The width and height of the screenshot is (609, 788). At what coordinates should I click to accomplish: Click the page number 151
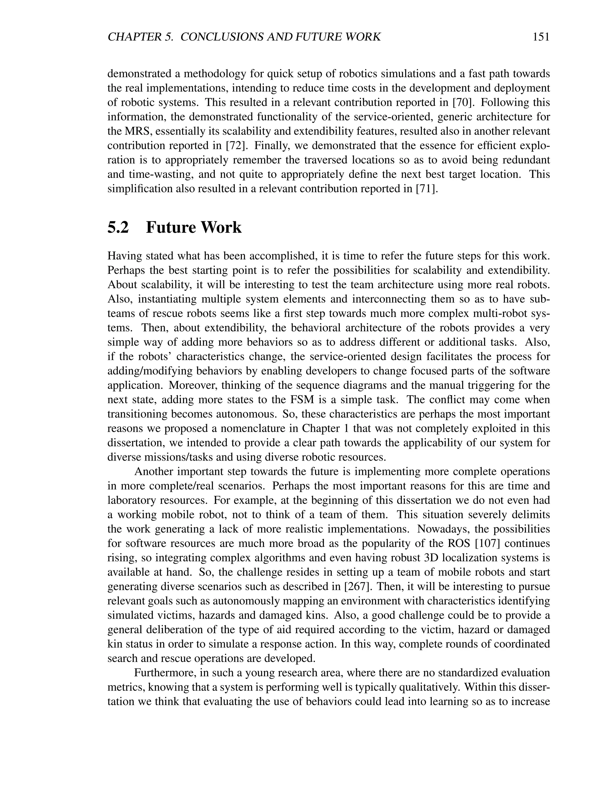(x=540, y=37)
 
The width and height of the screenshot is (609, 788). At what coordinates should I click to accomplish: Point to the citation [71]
(x=427, y=189)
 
